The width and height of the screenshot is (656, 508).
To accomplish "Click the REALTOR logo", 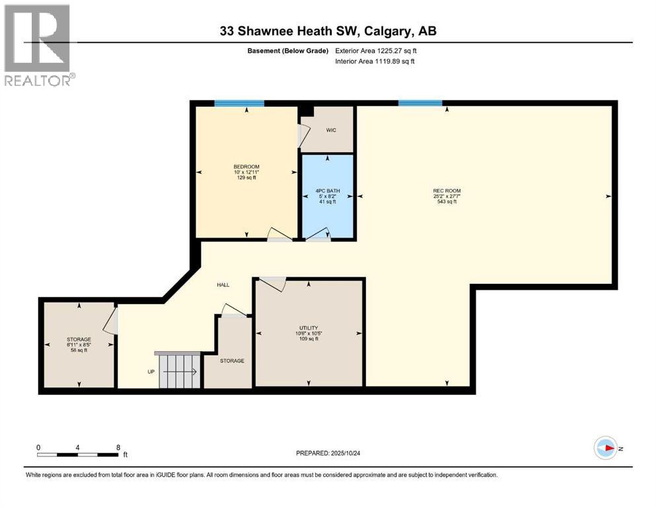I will (38, 44).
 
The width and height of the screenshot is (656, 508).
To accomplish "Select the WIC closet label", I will (331, 130).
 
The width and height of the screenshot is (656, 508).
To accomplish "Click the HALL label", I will (223, 285).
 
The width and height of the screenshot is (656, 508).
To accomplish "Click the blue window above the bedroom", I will (239, 103).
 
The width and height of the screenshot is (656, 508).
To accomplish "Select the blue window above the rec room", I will (420, 103).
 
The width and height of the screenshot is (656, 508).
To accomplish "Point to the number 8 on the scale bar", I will (118, 447).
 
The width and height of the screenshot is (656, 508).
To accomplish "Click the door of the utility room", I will (272, 284).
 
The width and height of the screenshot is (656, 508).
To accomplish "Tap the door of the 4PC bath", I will (320, 234).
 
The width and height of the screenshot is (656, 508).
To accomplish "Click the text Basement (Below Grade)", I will (293, 50).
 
